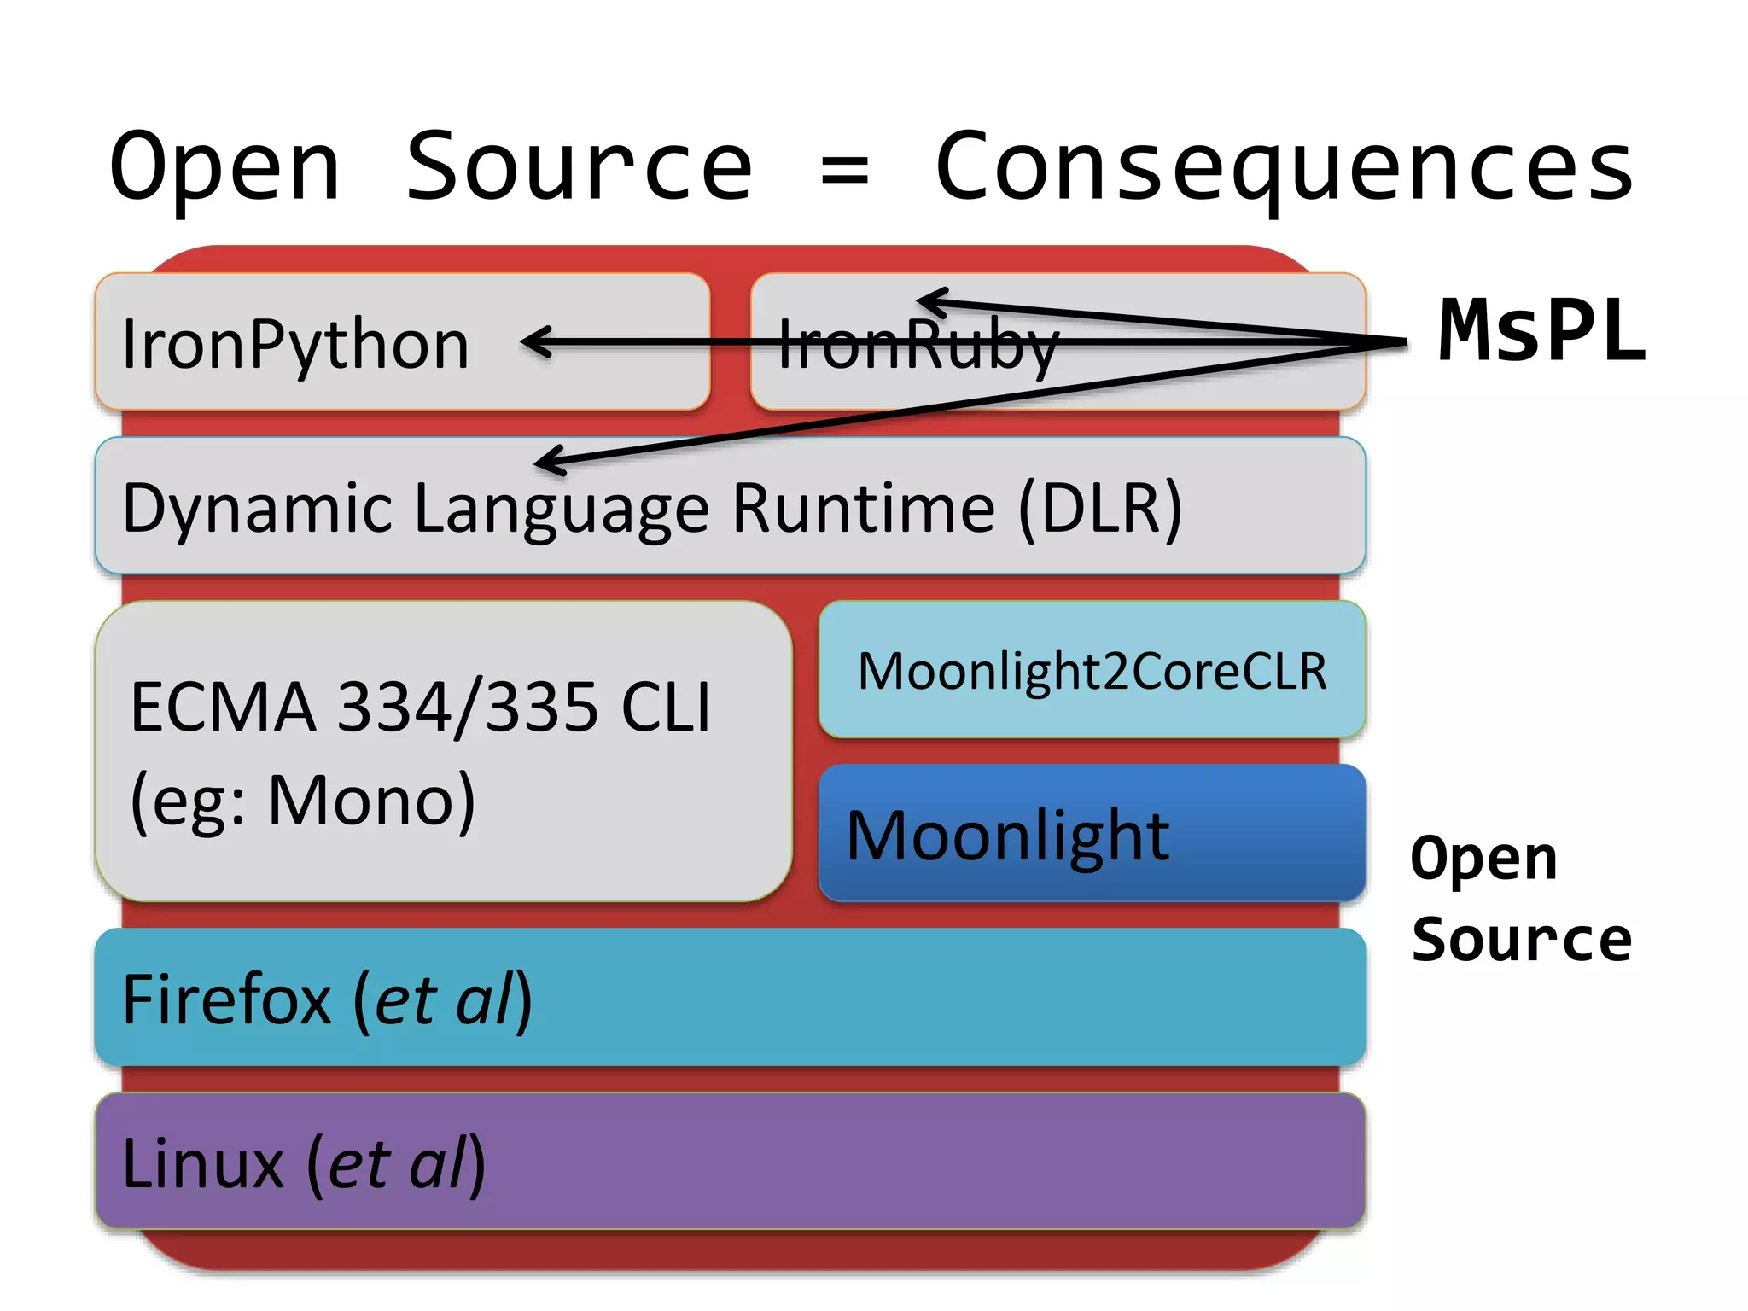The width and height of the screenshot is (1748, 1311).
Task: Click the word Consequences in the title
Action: pos(1285,168)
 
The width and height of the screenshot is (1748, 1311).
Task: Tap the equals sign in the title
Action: pos(844,170)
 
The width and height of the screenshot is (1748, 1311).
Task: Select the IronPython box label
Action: pos(295,344)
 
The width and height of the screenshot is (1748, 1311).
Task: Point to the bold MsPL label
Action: pos(1541,331)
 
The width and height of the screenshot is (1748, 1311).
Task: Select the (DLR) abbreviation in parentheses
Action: pos(1100,509)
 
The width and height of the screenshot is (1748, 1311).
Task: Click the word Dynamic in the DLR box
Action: pos(256,510)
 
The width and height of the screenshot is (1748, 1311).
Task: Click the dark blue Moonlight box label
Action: pos(1007,836)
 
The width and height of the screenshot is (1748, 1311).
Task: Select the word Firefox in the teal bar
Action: pos(227,999)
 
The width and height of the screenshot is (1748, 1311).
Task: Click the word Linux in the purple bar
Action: pos(202,1164)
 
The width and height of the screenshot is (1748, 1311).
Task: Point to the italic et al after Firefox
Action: pos(445,999)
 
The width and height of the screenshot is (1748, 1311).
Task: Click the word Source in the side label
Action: pos(1521,939)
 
